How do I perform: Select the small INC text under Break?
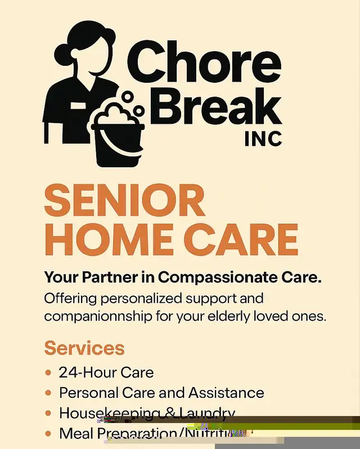coord(263,138)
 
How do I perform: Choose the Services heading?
coord(84,347)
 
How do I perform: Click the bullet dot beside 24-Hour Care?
coord(48,372)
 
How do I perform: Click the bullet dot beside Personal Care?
coord(48,393)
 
